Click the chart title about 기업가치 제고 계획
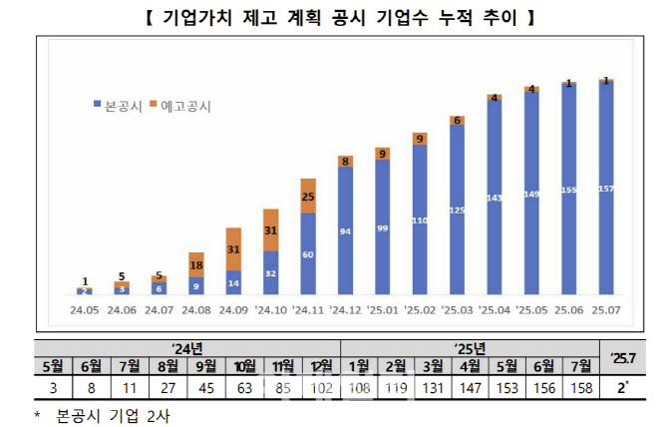[x=333, y=17]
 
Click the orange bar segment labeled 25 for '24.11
[x=308, y=197]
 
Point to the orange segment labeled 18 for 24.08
[x=196, y=265]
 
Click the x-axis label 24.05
[x=84, y=309]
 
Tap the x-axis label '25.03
[x=458, y=309]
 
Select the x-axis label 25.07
[x=606, y=309]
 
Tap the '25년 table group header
[x=469, y=347]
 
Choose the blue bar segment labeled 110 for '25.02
[x=420, y=219]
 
